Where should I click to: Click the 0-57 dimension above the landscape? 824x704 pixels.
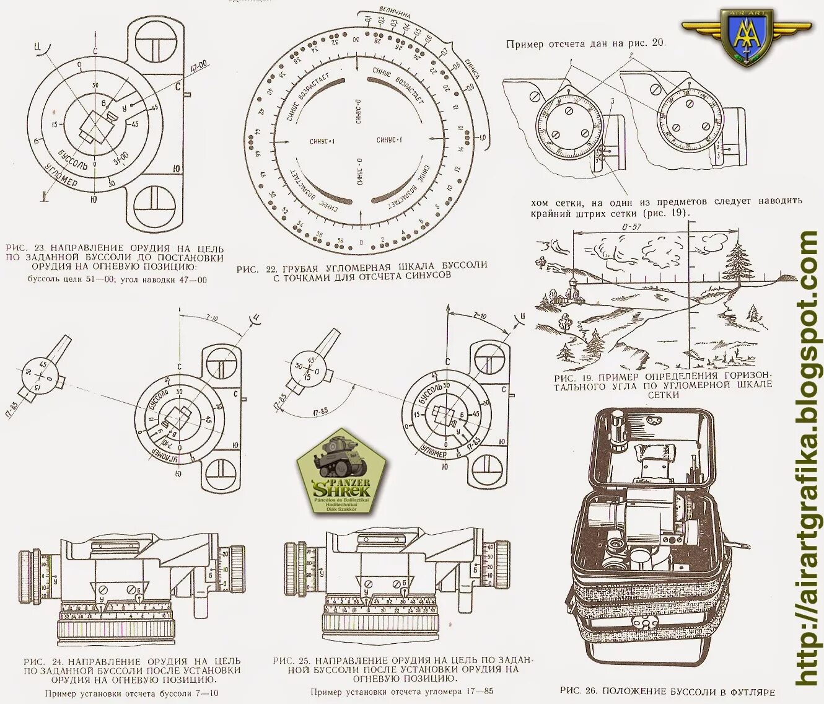pyautogui.click(x=631, y=227)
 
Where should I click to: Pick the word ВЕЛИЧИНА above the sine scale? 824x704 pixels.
pyautogui.click(x=395, y=14)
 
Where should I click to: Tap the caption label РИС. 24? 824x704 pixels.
pyautogui.click(x=38, y=661)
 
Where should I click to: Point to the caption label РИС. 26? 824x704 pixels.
pyautogui.click(x=577, y=690)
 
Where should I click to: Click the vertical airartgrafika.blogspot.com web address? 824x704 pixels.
pyautogui.click(x=808, y=459)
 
